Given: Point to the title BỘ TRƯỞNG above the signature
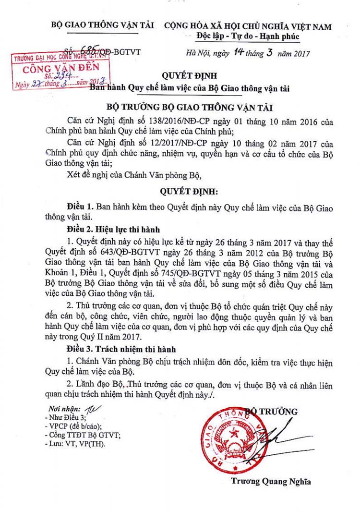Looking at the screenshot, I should pos(272,411).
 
